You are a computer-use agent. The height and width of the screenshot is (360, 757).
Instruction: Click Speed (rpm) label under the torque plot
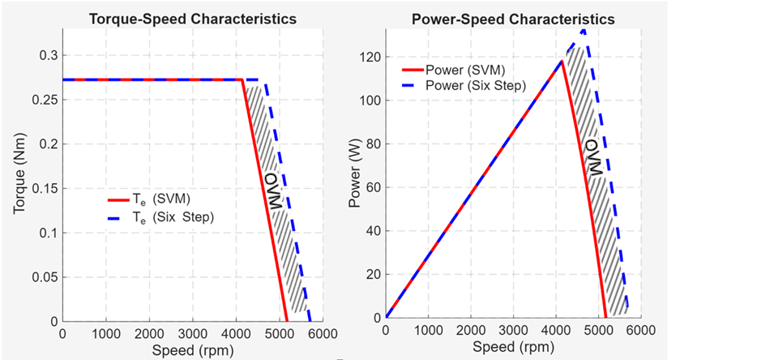point(191,349)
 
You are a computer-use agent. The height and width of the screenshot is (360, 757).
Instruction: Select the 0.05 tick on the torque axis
point(43,277)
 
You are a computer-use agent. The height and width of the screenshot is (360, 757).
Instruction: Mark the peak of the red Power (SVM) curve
point(561,61)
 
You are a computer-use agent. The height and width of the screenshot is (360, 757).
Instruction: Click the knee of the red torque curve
point(242,79)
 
